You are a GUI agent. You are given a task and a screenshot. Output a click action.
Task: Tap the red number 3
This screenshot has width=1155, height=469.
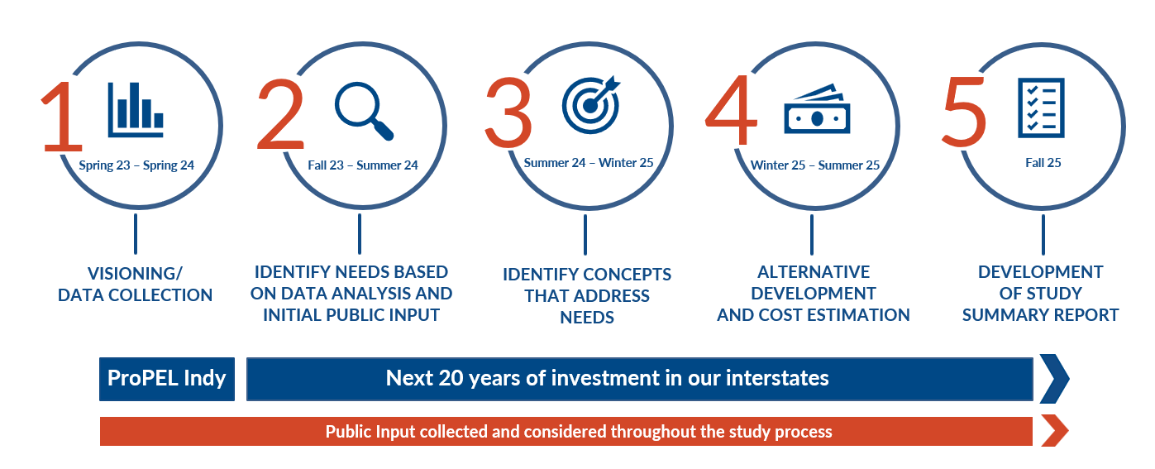tap(508, 112)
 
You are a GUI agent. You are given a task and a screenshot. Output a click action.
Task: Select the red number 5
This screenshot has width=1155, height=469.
tap(964, 112)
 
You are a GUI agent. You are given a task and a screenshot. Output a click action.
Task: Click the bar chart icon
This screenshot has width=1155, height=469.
tap(136, 110)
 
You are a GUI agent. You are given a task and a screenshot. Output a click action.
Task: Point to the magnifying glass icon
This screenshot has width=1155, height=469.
tap(364, 110)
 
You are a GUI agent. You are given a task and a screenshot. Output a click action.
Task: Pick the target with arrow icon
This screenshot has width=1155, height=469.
tap(591, 105)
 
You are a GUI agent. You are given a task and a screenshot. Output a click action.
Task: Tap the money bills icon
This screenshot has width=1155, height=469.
tap(817, 109)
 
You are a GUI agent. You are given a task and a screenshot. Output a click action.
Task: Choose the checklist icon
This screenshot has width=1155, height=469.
tap(1041, 108)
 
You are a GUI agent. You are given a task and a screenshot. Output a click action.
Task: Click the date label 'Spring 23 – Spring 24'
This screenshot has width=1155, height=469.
tap(136, 165)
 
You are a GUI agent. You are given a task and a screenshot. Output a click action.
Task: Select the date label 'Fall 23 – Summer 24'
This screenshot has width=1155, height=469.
tap(363, 165)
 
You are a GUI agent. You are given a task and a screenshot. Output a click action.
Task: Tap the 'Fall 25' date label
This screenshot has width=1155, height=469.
tap(1043, 163)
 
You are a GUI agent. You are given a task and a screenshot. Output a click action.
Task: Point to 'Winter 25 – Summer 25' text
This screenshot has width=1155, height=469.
tap(814, 165)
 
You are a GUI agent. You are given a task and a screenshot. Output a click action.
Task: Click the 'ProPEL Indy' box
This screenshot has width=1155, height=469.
tap(166, 379)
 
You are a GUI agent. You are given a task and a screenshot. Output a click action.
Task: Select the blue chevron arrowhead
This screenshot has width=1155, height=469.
tap(1054, 379)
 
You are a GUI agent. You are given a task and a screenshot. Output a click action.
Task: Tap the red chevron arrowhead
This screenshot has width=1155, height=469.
tap(1054, 430)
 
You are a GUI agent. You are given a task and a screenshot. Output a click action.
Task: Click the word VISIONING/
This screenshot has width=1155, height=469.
tap(135, 273)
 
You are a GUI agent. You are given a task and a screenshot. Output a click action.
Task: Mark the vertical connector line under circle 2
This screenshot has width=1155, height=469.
tap(360, 234)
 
